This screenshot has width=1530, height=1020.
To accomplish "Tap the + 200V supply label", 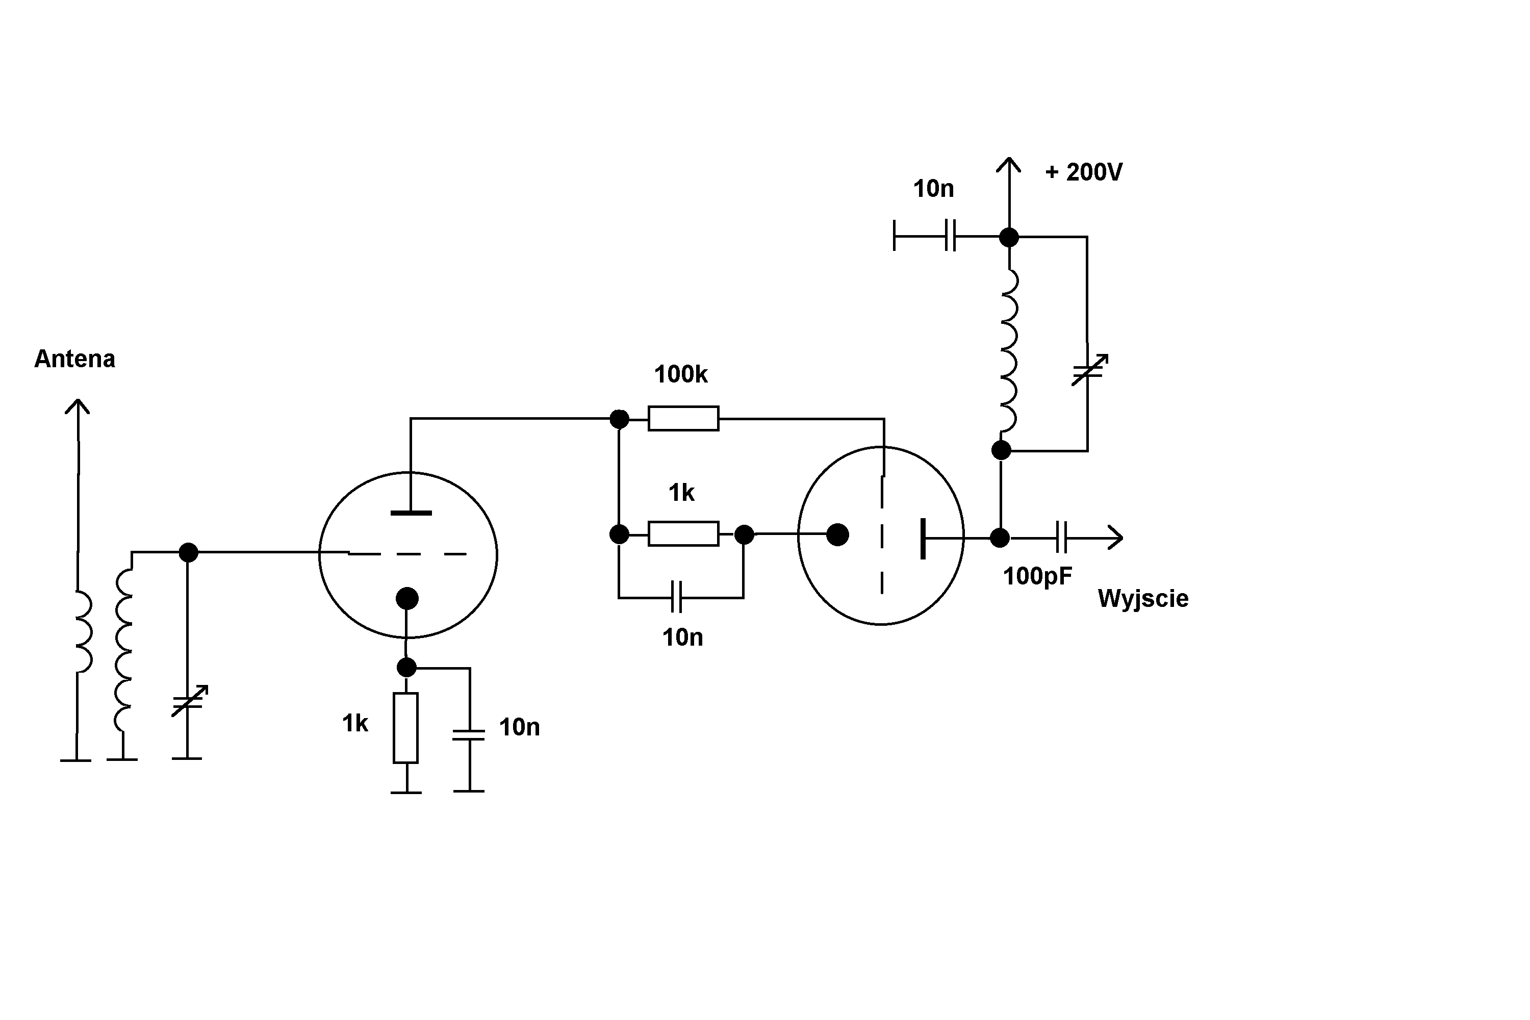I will (x=1083, y=172).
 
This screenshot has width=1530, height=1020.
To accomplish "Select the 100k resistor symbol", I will (x=683, y=418).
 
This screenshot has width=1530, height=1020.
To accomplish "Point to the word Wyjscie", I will (x=1143, y=598).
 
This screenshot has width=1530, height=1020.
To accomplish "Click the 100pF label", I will (x=1037, y=576).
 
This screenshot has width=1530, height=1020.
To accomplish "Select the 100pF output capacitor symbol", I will (x=1061, y=538).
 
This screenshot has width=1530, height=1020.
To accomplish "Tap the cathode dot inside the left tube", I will (x=406, y=598).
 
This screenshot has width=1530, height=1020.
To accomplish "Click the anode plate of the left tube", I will (x=411, y=513).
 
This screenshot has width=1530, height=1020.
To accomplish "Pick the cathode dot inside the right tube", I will (x=837, y=534).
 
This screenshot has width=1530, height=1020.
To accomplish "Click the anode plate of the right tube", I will (x=923, y=538).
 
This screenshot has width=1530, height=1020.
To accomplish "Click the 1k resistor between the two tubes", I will (x=683, y=533).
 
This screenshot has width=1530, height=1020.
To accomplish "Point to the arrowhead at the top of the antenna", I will (x=78, y=407).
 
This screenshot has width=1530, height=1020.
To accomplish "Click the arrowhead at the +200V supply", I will (x=1008, y=165).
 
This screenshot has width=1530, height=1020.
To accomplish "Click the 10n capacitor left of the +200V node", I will (x=950, y=236).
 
